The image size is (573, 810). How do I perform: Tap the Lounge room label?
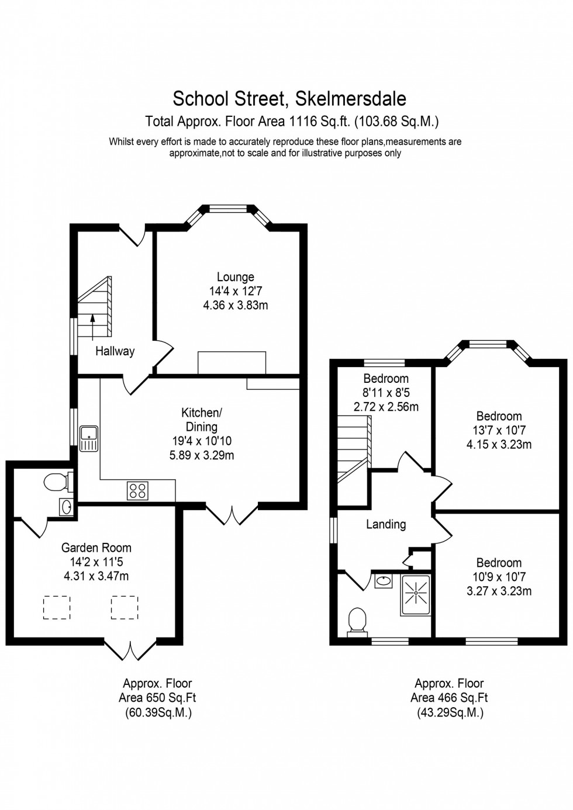point(236,277)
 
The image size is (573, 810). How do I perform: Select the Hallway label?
point(115,351)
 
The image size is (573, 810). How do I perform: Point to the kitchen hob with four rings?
point(137,490)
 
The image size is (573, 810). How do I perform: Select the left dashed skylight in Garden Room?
point(57,607)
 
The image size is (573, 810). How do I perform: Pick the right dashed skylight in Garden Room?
point(125,607)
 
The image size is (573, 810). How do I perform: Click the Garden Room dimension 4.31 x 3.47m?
point(96,576)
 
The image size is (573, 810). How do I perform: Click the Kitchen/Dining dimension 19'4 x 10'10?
point(202,441)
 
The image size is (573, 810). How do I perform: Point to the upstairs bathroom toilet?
point(357,620)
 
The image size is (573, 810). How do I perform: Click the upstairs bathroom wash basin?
point(383,581)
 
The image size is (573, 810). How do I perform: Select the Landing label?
point(386,524)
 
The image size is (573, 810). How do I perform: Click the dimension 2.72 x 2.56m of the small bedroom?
point(386,407)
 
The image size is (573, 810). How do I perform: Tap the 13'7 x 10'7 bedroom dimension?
point(499,430)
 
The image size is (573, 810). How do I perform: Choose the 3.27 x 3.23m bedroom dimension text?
point(499,591)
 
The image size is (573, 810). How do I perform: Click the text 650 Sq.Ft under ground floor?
point(157,698)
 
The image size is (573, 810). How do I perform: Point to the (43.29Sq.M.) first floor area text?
point(450,712)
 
